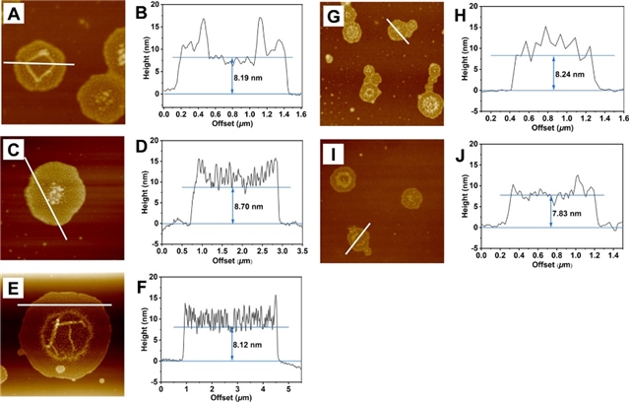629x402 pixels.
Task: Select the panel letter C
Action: click(12, 150)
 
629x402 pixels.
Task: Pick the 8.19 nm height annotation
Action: click(249, 72)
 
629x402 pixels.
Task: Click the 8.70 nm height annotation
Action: click(249, 206)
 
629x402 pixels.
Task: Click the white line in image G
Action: click(397, 31)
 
